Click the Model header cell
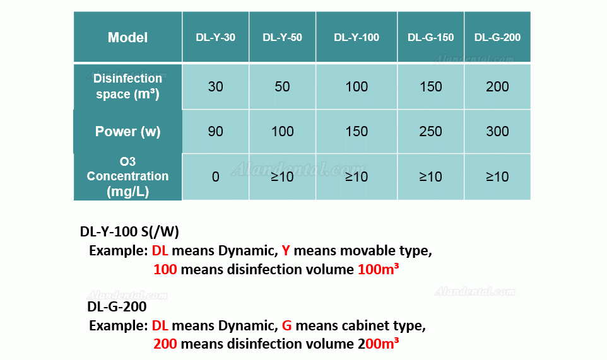pos(127,37)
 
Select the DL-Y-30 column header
pos(216,37)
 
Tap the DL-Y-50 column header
pos(282,37)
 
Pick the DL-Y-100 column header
pos(357,37)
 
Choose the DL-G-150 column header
pos(430,37)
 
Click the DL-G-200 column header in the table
pos(497,37)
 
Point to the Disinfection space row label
pos(127,86)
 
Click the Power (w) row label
pos(127,132)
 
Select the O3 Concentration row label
pos(127,177)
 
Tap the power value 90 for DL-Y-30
pos(216,132)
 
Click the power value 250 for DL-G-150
pos(430,132)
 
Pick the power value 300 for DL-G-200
pos(497,132)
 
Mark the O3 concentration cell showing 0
pos(216,177)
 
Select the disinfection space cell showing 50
pos(282,86)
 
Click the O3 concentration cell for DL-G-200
pos(497,177)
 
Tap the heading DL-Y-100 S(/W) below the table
pos(129,231)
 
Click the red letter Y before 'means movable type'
pos(286,250)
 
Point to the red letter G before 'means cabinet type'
pos(286,325)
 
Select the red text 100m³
pos(378,269)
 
